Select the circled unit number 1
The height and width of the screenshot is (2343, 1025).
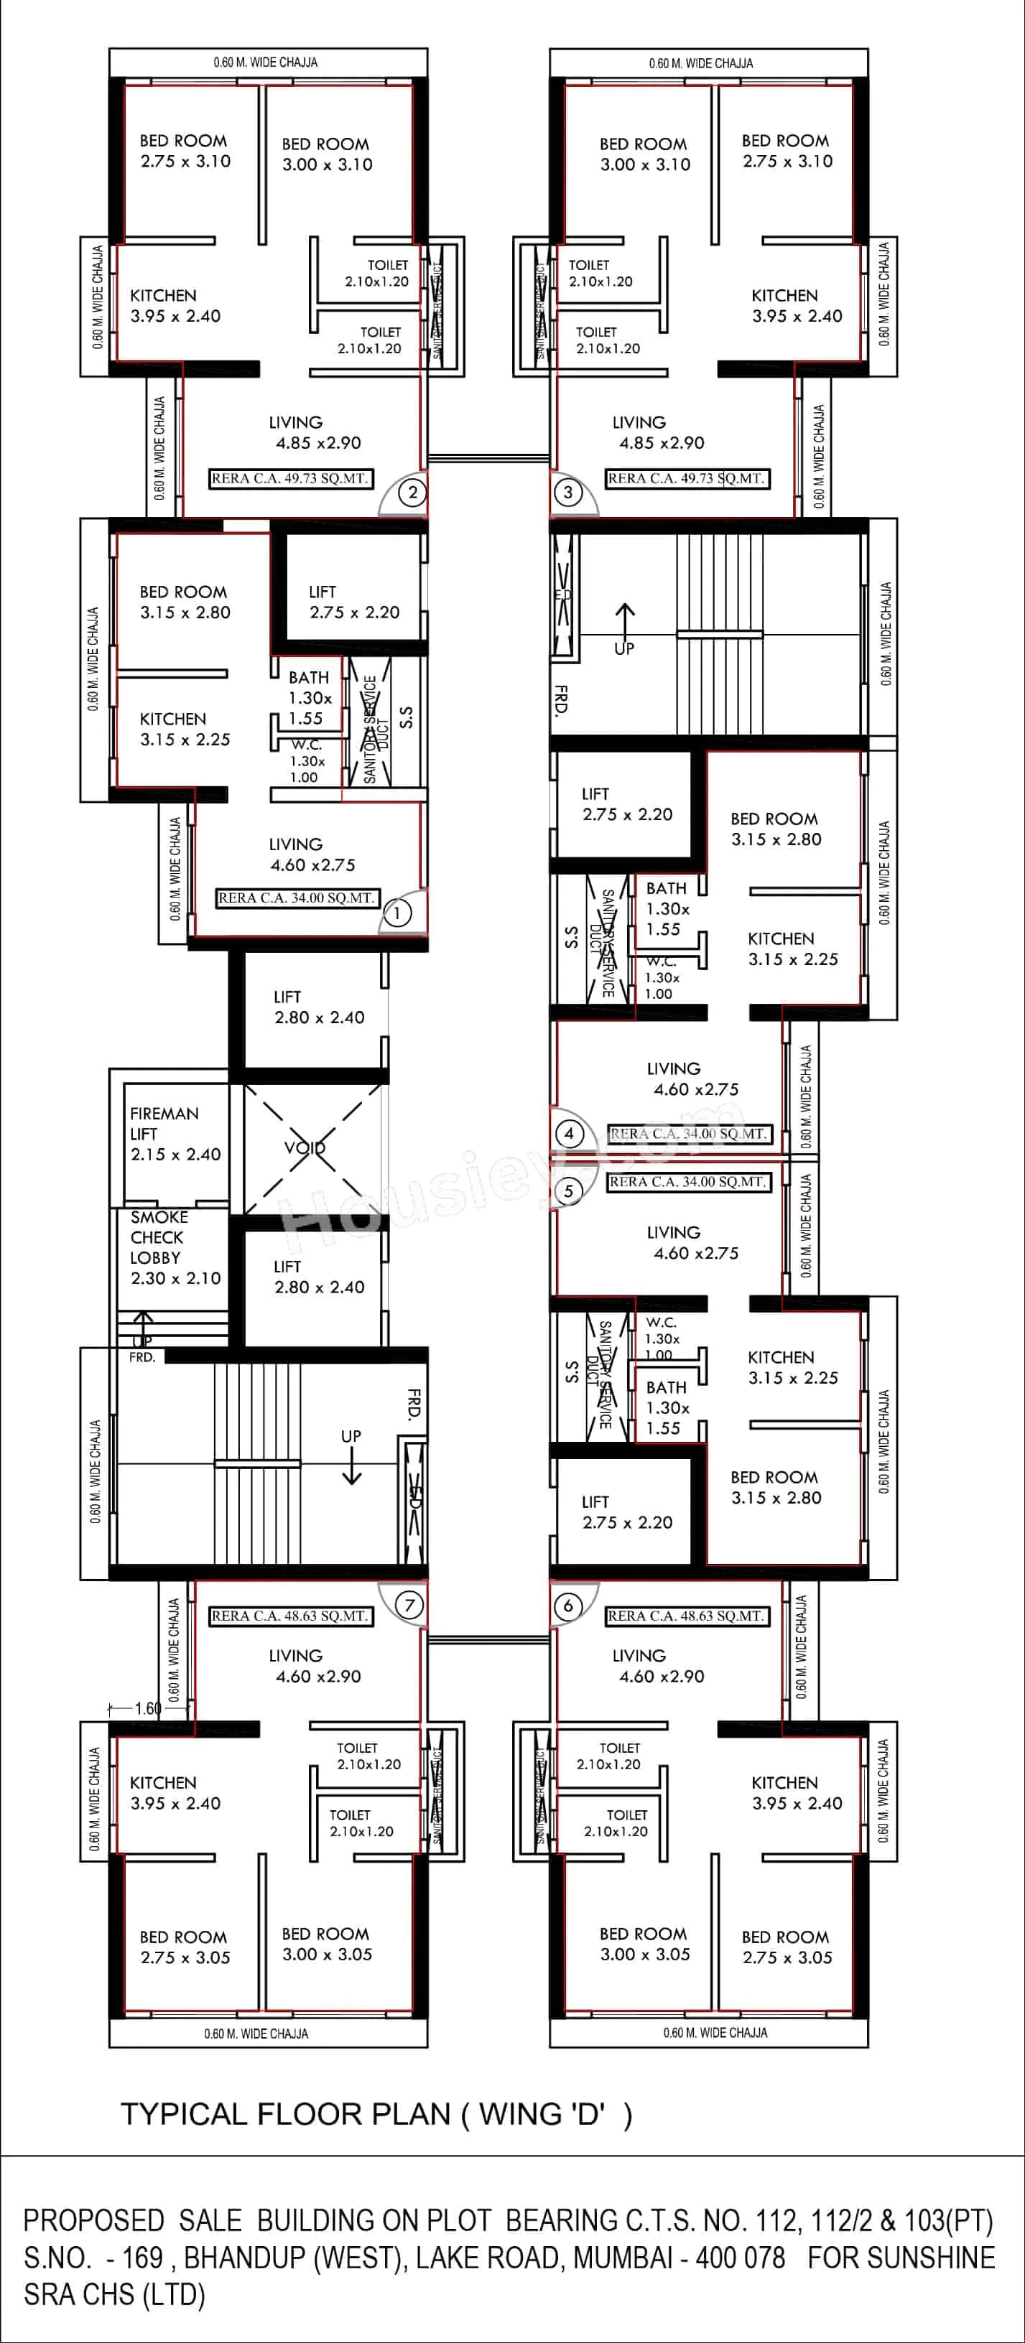pyautogui.click(x=396, y=912)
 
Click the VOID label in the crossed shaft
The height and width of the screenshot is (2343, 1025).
pyautogui.click(x=305, y=1148)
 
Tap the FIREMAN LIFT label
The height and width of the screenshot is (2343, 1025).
pyautogui.click(x=173, y=1133)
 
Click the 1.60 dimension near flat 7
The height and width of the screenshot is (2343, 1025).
pyautogui.click(x=147, y=1708)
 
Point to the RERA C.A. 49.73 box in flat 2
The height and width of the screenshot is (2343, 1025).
pyautogui.click(x=290, y=478)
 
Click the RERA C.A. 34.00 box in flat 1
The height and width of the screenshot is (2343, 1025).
pyautogui.click(x=297, y=898)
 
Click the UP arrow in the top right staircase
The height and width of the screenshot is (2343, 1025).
pyautogui.click(x=625, y=628)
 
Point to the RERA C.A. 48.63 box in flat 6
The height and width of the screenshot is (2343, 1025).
pyautogui.click(x=687, y=1616)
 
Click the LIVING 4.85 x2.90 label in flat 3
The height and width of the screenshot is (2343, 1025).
pyautogui.click(x=660, y=433)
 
